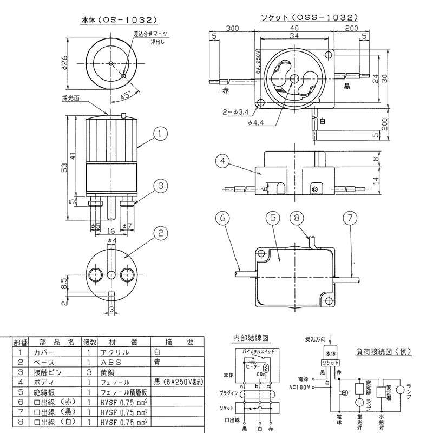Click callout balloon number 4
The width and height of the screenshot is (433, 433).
220,160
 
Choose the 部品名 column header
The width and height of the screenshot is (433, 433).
61,342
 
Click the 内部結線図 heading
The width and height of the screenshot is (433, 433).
251,338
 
